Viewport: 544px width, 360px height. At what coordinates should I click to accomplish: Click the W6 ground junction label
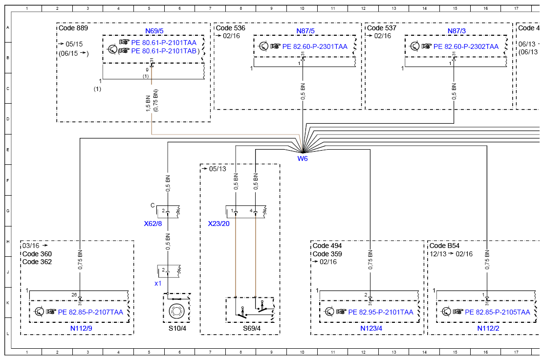point(303,158)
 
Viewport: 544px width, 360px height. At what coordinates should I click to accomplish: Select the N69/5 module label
point(154,31)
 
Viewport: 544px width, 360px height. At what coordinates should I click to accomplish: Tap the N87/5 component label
point(305,31)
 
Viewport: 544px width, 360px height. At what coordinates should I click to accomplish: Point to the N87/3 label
point(457,31)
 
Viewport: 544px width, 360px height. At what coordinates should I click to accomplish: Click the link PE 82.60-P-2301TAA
point(315,46)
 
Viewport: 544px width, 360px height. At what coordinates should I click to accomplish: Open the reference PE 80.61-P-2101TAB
point(164,51)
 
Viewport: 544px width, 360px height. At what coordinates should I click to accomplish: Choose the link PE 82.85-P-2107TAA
point(90,312)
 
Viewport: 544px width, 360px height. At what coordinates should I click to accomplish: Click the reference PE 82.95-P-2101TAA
point(381,312)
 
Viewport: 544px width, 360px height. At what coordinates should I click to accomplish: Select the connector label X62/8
point(153,224)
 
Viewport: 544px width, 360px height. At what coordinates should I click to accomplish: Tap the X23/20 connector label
point(218,224)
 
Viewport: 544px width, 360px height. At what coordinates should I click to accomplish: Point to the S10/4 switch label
point(177,328)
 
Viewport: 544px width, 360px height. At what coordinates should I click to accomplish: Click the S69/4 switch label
point(252,328)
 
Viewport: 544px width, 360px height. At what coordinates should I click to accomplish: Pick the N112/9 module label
point(81,328)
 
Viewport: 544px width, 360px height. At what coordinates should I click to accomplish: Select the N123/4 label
point(371,328)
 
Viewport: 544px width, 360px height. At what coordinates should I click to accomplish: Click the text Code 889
point(73,28)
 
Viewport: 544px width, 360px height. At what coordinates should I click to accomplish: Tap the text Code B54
point(444,246)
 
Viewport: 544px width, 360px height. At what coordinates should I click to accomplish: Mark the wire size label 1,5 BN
point(148,104)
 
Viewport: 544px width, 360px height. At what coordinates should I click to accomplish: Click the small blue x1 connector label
point(158,283)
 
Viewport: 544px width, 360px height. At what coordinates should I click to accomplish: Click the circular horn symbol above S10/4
point(176,311)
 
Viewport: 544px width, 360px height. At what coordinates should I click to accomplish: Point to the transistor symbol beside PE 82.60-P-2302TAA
point(414,46)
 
